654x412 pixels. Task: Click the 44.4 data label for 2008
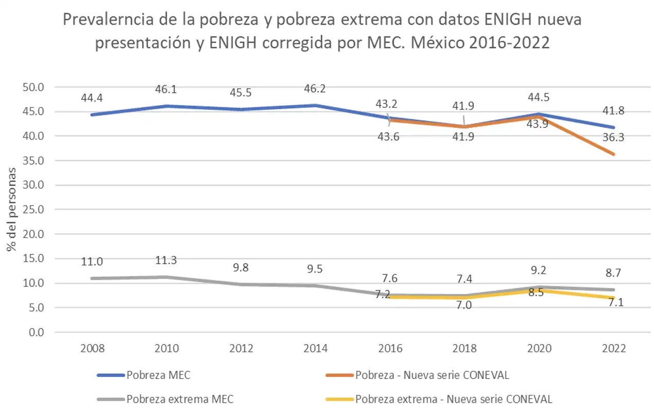point(92,97)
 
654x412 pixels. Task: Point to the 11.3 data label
point(166,261)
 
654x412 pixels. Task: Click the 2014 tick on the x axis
point(315,349)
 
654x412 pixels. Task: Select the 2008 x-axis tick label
point(92,349)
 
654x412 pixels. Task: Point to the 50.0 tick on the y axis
point(32,87)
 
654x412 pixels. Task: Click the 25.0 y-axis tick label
point(32,210)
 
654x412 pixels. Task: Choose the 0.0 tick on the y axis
point(35,332)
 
